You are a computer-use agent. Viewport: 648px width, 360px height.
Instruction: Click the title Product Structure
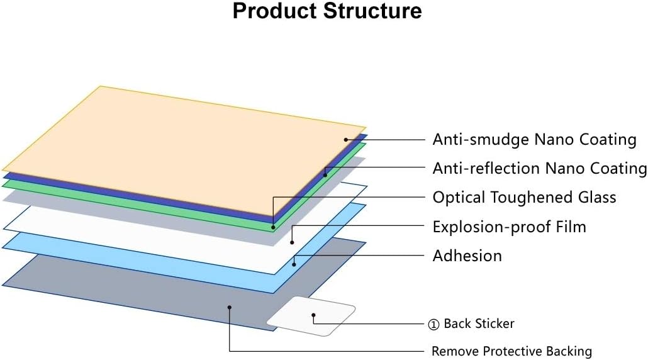click(x=327, y=11)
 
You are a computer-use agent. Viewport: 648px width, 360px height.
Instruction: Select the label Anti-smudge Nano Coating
click(x=534, y=140)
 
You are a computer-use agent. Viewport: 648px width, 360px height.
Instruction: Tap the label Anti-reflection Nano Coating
click(x=540, y=168)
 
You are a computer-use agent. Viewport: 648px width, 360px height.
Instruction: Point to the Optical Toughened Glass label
click(x=525, y=198)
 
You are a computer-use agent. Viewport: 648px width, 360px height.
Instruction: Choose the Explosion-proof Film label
click(x=509, y=227)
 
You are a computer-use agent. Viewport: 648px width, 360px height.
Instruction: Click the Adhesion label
click(x=467, y=256)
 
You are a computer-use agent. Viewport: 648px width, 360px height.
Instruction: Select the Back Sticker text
click(x=479, y=323)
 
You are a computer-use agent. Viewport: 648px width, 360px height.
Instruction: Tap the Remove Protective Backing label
click(x=511, y=351)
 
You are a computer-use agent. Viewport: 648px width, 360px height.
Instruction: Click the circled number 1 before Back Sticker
click(x=433, y=325)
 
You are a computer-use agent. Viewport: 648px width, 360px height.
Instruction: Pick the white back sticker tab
click(x=311, y=316)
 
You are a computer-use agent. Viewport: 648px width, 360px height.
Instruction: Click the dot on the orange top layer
click(x=346, y=140)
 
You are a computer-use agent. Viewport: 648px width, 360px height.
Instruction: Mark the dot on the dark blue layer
click(x=325, y=175)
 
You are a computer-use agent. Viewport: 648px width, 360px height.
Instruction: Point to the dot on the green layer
click(x=273, y=227)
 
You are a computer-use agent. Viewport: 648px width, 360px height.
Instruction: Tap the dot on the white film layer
click(x=292, y=242)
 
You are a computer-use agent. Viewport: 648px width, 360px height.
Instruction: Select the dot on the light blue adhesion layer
click(x=294, y=264)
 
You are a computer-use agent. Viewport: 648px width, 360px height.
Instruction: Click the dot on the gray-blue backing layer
click(x=230, y=307)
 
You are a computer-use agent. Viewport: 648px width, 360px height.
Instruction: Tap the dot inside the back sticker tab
click(x=314, y=315)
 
